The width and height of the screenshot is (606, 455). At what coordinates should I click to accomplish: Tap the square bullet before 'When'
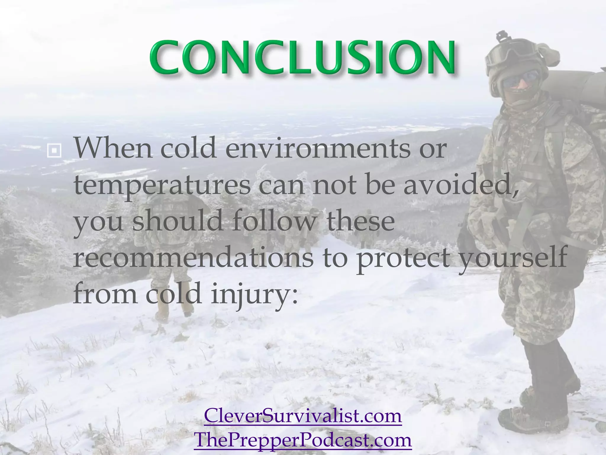click(54, 151)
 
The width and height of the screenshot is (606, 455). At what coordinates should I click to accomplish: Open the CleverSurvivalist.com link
click(302, 416)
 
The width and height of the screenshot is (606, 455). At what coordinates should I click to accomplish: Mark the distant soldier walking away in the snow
click(166, 252)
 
